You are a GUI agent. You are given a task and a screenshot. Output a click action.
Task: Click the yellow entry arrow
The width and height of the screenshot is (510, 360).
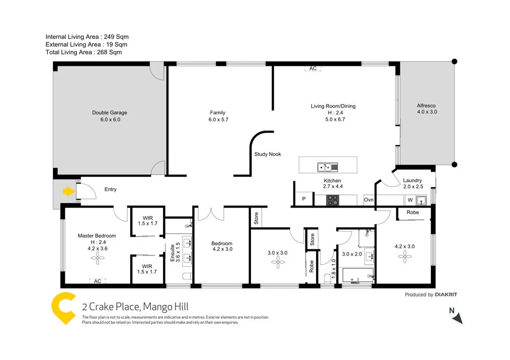click(67, 192)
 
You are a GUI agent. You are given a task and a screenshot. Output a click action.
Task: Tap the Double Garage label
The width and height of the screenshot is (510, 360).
click(110, 113)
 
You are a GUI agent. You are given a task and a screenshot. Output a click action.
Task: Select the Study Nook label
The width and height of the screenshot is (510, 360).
click(268, 154)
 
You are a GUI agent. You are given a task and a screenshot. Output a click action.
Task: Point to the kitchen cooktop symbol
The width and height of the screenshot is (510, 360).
click(333, 200)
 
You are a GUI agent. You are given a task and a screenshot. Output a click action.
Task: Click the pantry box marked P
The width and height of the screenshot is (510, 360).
click(303, 199)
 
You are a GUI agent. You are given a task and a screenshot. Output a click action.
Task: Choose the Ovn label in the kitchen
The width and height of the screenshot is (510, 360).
click(369, 200)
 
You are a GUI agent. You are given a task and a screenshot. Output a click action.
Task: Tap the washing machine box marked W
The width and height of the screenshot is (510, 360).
click(410, 200)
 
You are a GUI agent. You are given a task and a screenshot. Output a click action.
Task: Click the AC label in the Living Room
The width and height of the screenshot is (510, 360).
click(313, 68)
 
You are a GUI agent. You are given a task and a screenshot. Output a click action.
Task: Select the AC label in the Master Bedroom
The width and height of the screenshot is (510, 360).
click(97, 281)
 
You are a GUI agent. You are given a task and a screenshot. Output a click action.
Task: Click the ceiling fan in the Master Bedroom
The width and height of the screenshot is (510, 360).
click(97, 259)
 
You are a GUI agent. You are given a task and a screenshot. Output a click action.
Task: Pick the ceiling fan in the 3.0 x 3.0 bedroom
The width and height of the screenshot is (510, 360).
click(278, 263)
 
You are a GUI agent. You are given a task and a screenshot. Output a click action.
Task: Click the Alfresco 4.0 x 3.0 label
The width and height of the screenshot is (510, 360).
click(427, 108)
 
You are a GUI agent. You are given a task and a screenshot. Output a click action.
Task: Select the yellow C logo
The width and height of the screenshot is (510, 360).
click(64, 308)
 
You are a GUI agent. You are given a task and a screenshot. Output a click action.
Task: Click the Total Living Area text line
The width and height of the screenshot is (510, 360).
click(84, 52)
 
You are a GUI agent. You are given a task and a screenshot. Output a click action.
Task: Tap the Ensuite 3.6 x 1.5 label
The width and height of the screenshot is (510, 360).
click(175, 253)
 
